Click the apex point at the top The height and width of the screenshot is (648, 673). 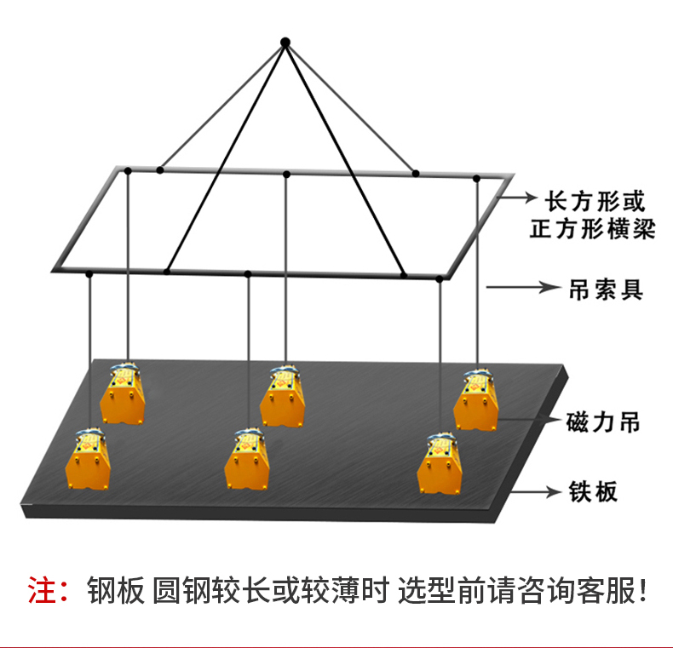tap(286, 41)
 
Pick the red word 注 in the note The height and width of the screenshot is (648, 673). tap(42, 589)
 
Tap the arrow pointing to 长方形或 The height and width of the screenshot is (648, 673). tap(516, 199)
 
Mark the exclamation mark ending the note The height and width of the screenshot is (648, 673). tap(643, 589)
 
